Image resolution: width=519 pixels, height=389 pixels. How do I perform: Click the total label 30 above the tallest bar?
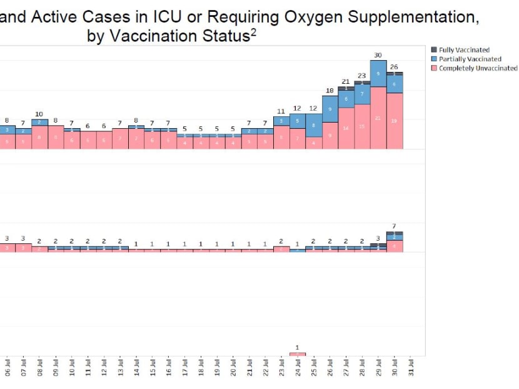coord(378,56)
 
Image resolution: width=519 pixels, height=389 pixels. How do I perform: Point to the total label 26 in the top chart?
coord(394,67)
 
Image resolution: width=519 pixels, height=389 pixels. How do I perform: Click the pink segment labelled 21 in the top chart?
coord(378,118)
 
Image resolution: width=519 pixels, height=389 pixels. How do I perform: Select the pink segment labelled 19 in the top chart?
coord(394,121)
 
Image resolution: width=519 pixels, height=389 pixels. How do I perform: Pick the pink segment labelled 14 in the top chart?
coord(346,128)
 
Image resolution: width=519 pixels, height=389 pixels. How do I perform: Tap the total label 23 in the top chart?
coord(362,76)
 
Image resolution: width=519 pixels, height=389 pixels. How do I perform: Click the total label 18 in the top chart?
coord(330,91)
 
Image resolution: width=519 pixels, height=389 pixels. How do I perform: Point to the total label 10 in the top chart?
coord(39,114)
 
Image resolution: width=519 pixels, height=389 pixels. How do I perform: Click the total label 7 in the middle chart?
coord(394,226)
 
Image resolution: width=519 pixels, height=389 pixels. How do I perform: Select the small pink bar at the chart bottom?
coord(298,354)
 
